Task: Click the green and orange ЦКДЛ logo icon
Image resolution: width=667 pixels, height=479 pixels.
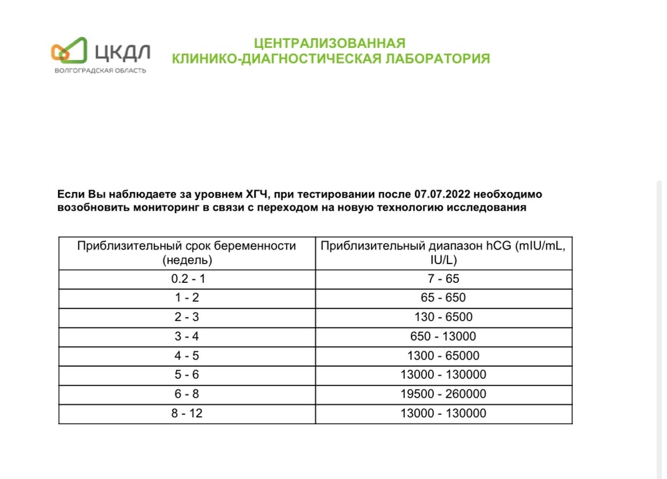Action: point(69,50)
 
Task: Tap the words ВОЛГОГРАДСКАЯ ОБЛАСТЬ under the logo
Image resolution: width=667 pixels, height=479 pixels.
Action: point(100,70)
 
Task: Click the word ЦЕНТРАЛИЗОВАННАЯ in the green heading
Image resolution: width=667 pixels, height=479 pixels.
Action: point(330,44)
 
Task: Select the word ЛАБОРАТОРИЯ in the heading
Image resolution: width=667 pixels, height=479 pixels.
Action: point(436,59)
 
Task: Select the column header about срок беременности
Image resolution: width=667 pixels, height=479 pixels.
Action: point(187,253)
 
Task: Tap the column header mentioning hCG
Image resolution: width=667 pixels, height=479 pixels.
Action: point(444,253)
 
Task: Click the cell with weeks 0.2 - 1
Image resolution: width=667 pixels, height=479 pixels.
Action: point(187,279)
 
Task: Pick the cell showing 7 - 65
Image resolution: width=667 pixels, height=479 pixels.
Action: point(444,279)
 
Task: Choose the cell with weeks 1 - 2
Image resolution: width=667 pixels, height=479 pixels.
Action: point(187,298)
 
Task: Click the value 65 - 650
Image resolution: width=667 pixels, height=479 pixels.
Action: point(444,298)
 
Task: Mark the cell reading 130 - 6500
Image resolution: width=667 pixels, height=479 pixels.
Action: point(444,318)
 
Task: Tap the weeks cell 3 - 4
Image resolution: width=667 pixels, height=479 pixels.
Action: point(187,337)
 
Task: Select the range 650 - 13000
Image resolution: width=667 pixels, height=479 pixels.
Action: point(444,337)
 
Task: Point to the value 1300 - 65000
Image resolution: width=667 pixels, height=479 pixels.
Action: point(444,356)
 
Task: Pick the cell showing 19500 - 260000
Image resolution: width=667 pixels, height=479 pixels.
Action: point(444,394)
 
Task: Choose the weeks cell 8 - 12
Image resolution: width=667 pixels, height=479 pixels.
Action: point(187,414)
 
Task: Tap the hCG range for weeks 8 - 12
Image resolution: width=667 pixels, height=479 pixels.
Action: point(444,414)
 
